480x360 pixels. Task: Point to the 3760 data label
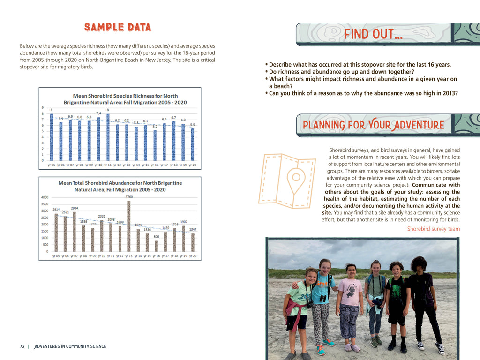tap(129, 197)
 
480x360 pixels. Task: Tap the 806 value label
tap(156, 237)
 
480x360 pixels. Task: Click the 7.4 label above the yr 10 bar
tap(99, 113)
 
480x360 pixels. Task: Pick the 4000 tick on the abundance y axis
tap(45, 197)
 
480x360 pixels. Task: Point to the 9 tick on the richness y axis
tap(43, 108)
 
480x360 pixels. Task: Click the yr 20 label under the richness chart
tap(193, 165)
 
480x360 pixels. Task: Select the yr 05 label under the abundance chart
tap(56, 256)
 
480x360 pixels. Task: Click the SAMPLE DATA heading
tap(118, 27)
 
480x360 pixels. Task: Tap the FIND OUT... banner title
tap(373, 34)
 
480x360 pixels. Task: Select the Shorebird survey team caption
tap(433, 229)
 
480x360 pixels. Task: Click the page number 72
tap(22, 347)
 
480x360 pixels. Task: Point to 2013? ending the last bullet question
tap(449, 93)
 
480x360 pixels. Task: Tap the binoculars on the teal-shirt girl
tap(323, 298)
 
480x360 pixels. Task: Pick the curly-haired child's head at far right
tap(419, 264)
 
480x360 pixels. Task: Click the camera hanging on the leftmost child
tap(309, 304)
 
